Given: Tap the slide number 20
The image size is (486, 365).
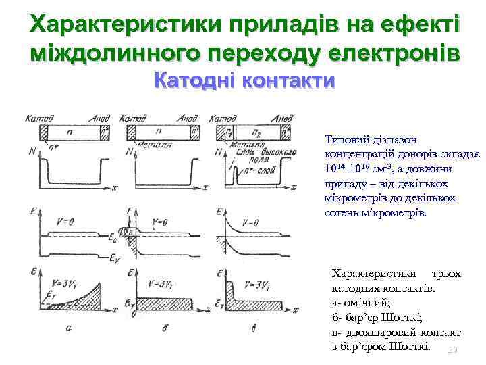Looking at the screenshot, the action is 453,349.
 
